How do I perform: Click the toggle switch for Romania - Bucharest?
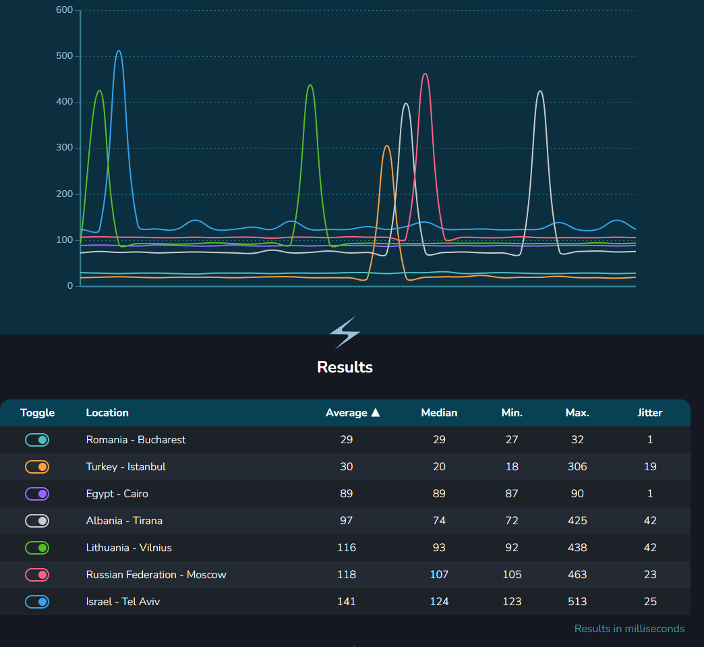click(37, 440)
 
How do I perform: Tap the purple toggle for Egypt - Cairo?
click(37, 494)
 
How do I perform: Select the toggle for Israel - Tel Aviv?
click(37, 602)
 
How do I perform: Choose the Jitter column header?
click(650, 413)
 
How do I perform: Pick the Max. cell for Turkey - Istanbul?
click(577, 467)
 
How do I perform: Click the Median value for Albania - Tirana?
click(439, 521)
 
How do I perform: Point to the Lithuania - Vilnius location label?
click(129, 548)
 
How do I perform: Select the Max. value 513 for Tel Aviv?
click(577, 602)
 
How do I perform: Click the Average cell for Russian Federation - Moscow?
click(347, 575)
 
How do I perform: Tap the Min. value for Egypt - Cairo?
click(512, 494)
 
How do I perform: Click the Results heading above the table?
click(345, 367)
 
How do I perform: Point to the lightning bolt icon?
click(345, 333)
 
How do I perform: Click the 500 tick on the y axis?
click(64, 56)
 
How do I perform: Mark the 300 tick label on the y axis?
click(64, 148)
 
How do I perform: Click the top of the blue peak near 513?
click(119, 51)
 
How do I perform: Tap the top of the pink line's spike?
click(425, 74)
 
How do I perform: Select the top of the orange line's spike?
click(386, 146)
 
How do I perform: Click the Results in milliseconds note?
click(629, 629)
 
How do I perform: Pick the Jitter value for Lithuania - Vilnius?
click(650, 548)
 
